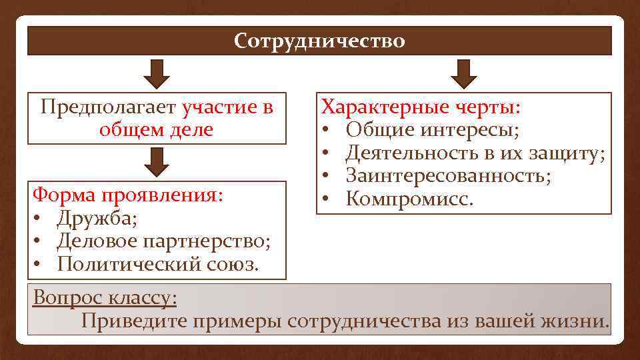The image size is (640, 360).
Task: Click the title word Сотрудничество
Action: [x=319, y=41]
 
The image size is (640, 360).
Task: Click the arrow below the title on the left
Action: [x=158, y=73]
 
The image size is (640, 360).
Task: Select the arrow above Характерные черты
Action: [x=464, y=73]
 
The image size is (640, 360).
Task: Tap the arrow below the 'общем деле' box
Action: [x=158, y=162]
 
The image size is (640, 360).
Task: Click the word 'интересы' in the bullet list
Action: [x=475, y=130]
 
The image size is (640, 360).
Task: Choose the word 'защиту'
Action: [x=566, y=154]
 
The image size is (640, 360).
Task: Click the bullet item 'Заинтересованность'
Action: [x=448, y=176]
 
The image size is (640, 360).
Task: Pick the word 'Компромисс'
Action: [x=407, y=199]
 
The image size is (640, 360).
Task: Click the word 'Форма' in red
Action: [x=64, y=195]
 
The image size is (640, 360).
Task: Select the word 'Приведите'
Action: [x=133, y=320]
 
